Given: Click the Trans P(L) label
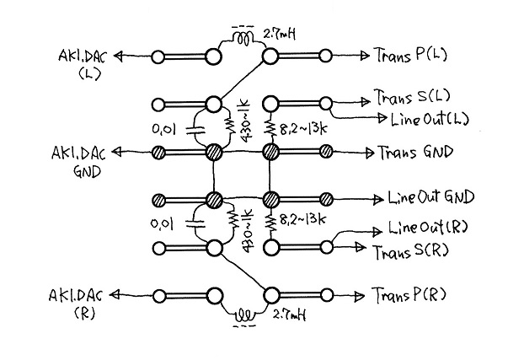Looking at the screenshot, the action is (411, 55).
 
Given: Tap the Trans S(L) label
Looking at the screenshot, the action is (412, 97).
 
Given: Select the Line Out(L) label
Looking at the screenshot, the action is (430, 119).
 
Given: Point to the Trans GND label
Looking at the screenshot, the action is (416, 153).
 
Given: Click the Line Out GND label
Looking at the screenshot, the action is (431, 197).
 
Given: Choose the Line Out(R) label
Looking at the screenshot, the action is (428, 228).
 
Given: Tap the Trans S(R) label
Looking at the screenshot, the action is (410, 251).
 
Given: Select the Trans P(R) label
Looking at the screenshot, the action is (409, 295).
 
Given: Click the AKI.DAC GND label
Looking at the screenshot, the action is (79, 162).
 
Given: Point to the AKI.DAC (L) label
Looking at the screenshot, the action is (83, 65).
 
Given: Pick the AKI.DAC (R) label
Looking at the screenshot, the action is (77, 304).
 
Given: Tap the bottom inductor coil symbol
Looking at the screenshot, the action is (244, 314).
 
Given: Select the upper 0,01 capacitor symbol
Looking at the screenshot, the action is (195, 130).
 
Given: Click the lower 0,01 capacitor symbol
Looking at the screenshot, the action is (195, 223).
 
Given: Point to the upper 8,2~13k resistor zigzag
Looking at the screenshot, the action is (270, 128).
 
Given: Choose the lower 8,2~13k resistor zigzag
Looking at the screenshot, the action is (271, 223).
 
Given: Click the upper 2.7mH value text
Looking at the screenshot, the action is (280, 34).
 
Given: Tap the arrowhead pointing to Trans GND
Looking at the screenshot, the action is (370, 153).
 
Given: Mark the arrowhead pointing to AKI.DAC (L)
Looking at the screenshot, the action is (118, 56).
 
